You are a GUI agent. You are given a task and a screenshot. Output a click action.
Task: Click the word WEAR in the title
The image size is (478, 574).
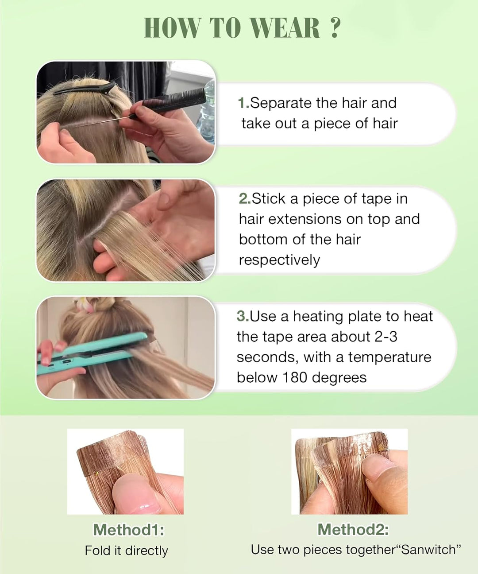coord(285,28)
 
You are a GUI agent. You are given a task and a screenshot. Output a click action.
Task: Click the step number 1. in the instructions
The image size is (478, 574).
coord(243,103)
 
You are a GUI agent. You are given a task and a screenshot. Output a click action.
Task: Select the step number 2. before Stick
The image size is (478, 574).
coord(245,199)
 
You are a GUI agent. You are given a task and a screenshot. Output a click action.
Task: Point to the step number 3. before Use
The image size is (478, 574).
coord(243,316)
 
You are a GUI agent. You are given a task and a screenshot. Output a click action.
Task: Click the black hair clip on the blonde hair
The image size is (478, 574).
coord(84,89)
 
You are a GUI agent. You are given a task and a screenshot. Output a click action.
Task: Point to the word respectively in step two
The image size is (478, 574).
coord(279,260)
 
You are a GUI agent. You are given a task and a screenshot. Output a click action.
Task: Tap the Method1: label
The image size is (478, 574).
coord(128,530)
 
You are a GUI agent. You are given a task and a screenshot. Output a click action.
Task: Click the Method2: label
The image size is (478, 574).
coord(353,529)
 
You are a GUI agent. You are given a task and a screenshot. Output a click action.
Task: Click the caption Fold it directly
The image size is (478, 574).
coord(127,551)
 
